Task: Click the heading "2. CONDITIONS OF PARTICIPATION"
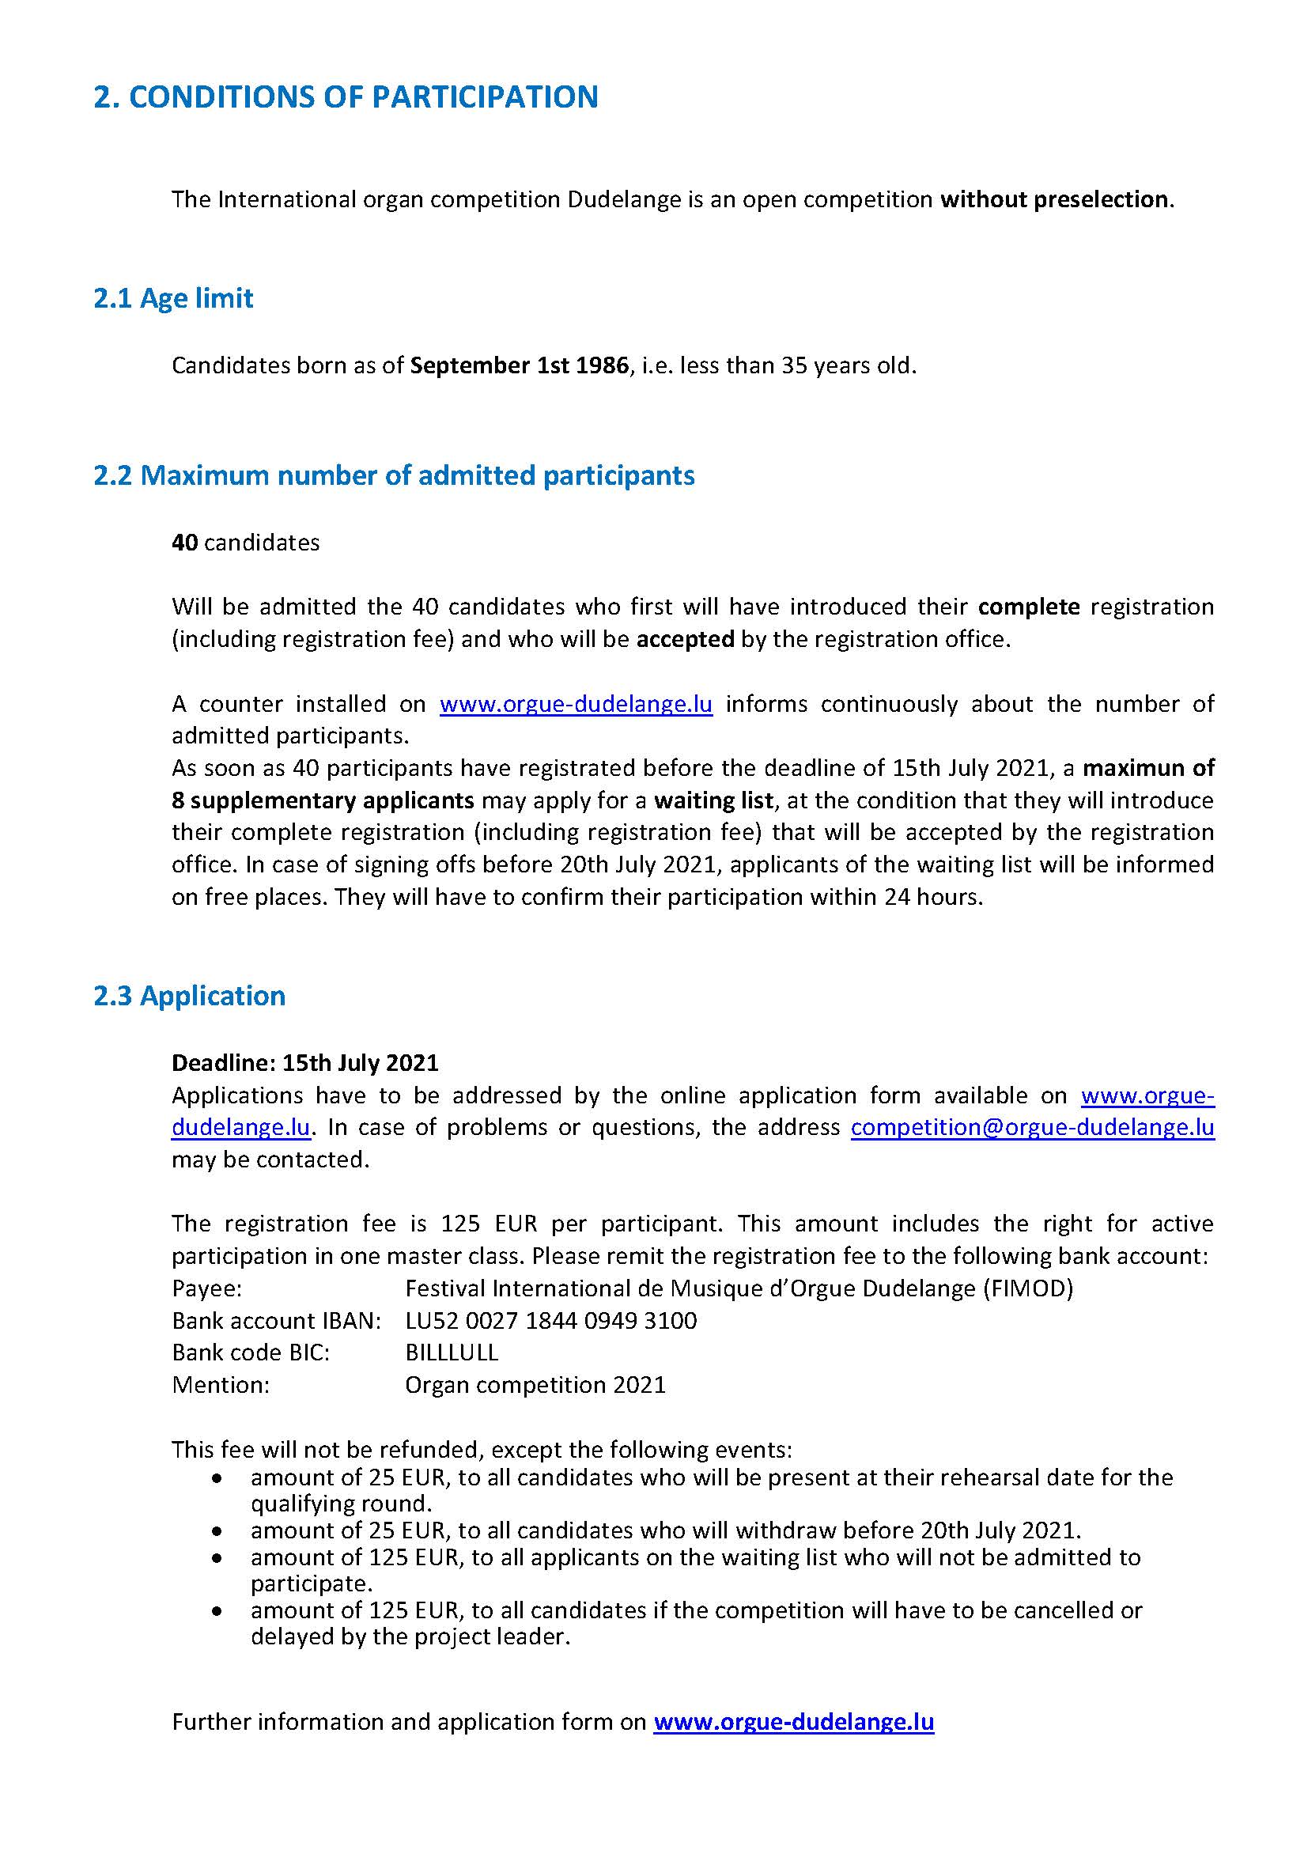[346, 97]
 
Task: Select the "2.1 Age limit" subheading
[173, 298]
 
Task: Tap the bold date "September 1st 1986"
[519, 366]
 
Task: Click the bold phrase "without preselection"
[1054, 199]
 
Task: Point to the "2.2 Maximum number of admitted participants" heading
[394, 475]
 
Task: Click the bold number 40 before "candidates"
[184, 543]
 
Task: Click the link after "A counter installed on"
[576, 704]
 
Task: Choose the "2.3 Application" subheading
[189, 996]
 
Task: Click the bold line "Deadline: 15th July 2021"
[305, 1063]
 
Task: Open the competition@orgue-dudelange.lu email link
[1032, 1127]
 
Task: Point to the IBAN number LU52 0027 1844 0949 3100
[551, 1321]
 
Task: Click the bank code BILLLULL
[452, 1353]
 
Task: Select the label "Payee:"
[207, 1288]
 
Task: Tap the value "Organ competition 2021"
[535, 1385]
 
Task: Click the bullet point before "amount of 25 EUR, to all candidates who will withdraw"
[216, 1531]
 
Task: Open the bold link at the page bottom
[793, 1722]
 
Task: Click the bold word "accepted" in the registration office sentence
[685, 639]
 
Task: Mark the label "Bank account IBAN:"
[276, 1321]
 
